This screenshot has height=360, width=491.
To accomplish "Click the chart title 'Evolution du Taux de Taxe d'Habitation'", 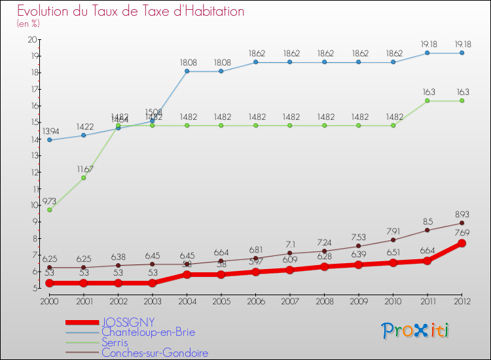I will pos(131,11).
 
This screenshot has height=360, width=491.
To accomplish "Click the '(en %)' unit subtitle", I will pos(28,24).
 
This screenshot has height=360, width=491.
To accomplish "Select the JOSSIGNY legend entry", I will pos(128,322).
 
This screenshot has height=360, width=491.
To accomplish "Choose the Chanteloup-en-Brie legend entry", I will pos(148,333).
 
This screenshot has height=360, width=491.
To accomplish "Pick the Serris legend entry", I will pos(115,342).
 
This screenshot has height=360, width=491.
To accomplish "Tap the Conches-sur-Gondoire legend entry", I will pos(155,353).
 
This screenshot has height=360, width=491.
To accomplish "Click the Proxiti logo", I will pos(415,331).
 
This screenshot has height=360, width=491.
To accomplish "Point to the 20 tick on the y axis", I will pos(32,39).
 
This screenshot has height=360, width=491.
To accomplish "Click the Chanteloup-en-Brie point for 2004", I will pos(187,71).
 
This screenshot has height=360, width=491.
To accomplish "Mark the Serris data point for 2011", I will pos(427,101).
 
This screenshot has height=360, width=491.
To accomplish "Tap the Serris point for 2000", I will pos(49,209).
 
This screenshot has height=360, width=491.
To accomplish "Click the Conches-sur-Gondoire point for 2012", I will pos(462,223).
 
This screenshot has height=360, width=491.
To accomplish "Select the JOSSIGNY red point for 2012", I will pos(462,243).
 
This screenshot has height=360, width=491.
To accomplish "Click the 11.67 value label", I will pos(84,169).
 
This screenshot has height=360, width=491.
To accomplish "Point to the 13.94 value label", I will pos(49,132).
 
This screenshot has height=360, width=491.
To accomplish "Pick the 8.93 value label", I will pos(462,214).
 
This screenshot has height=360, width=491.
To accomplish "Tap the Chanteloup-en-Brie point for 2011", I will pos(427,53).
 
